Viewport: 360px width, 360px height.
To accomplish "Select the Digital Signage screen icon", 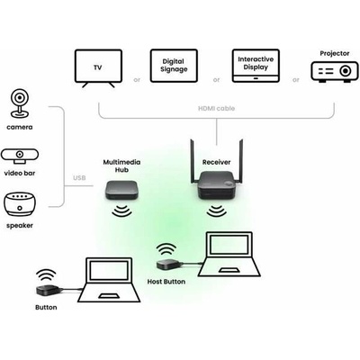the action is (174, 66).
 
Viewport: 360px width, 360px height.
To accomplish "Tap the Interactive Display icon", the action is (256, 66).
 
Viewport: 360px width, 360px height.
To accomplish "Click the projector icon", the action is (335, 72).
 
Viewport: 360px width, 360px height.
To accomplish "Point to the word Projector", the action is (335, 53).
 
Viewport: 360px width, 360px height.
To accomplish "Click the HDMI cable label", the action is (216, 108).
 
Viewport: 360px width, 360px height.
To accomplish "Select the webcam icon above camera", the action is (20, 103).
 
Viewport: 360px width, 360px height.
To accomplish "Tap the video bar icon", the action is (20, 156).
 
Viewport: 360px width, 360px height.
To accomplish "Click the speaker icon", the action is (20, 204).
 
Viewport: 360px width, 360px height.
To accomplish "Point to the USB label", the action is (79, 178).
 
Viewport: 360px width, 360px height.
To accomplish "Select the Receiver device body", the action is (217, 184).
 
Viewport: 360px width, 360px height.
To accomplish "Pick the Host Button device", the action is (168, 265).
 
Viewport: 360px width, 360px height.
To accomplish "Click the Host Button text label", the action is (166, 282).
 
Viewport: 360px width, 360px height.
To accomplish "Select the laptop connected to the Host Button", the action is (229, 254).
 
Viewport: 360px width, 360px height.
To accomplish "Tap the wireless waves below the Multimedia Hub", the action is (121, 211).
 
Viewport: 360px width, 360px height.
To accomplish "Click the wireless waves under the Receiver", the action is (217, 211).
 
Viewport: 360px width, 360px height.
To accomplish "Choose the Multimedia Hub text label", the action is (121, 166).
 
